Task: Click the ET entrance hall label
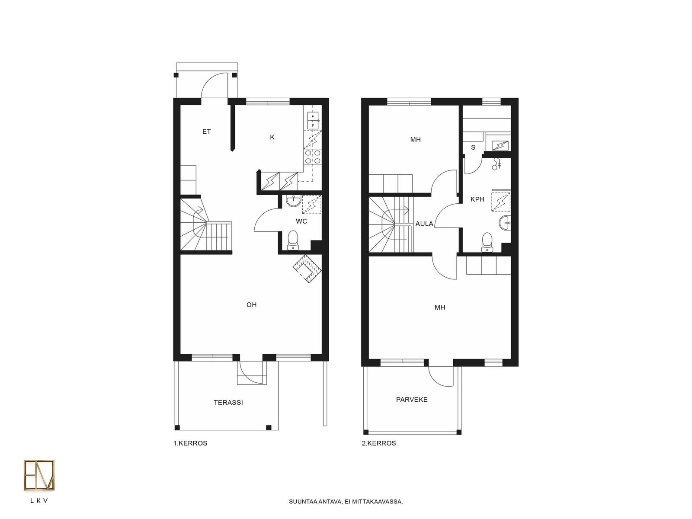[x=206, y=131]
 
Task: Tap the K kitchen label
[x=272, y=137]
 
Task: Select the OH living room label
[x=251, y=305]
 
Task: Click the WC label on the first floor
[x=301, y=221]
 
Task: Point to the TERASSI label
[x=228, y=402]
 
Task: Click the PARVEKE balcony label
[x=412, y=400]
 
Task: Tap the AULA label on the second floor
[x=424, y=224]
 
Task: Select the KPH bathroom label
[x=477, y=199]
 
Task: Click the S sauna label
[x=473, y=147]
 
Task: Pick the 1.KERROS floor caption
[x=190, y=443]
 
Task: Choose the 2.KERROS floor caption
[x=378, y=443]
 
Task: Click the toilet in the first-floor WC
[x=293, y=240]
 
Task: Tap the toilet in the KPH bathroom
[x=487, y=242]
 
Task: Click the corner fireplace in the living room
[x=307, y=269]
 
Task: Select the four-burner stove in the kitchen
[x=313, y=157]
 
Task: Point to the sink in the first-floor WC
[x=294, y=201]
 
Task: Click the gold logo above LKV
[x=39, y=475]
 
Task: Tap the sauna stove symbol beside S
[x=500, y=146]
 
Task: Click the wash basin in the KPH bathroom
[x=505, y=223]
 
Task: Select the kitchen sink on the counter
[x=313, y=121]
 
